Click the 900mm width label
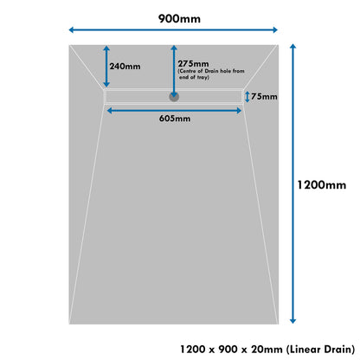point(179,19)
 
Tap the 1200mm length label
point(322,185)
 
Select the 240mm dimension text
point(125,67)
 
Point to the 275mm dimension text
point(193,63)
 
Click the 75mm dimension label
point(264,96)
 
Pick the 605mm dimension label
point(175,119)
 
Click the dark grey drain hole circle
point(174,97)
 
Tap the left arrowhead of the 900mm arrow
point(72,29)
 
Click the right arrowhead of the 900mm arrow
point(274,29)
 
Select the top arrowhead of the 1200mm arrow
point(293,47)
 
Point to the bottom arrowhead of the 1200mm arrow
point(293,320)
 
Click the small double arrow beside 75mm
point(247,97)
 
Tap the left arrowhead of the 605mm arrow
point(110,111)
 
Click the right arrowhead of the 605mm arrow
point(239,111)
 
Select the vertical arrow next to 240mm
point(106,67)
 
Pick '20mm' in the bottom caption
point(267,350)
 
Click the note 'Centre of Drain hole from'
point(211,71)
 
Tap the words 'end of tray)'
point(194,77)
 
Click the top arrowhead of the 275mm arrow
point(174,48)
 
